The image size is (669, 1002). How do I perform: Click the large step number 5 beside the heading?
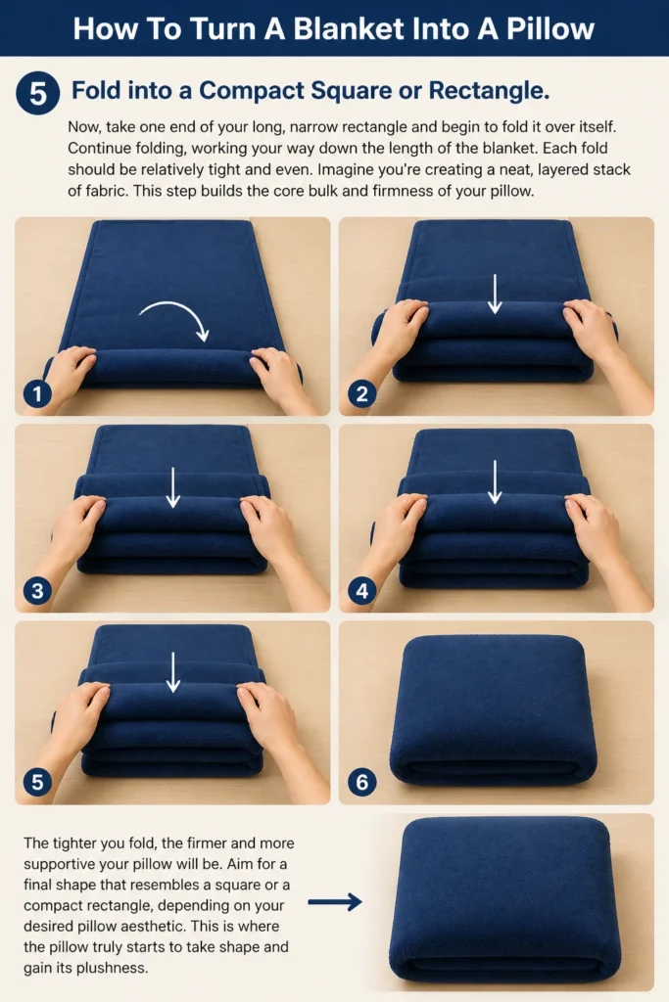tap(38, 93)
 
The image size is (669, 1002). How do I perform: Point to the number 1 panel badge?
tap(37, 393)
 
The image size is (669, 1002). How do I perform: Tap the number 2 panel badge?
tap(362, 393)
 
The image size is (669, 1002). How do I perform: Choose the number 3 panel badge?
tap(37, 590)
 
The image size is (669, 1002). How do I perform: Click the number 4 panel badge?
tap(362, 590)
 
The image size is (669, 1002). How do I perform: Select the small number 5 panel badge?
tap(37, 782)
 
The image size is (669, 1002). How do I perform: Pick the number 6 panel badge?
tap(362, 782)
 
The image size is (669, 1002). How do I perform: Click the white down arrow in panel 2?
tap(495, 294)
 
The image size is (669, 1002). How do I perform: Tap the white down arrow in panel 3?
tap(172, 487)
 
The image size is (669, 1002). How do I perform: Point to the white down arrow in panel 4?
tap(495, 481)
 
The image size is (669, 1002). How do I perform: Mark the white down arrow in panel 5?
tap(172, 671)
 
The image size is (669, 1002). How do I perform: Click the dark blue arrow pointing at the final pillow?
tap(335, 902)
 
